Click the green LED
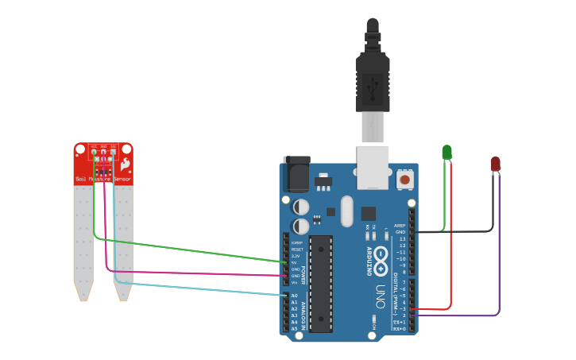[x=446, y=152]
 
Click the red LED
[x=495, y=164]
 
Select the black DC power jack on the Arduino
[x=296, y=175]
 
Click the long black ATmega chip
[x=321, y=283]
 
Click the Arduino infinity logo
[x=381, y=257]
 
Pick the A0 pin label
[x=294, y=296]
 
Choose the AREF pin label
[x=400, y=226]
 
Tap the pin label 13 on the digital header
[x=402, y=238]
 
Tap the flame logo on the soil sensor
[x=124, y=164]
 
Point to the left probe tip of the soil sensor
[x=83, y=296]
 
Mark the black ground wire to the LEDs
[x=469, y=232]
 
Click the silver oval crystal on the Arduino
[x=346, y=211]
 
